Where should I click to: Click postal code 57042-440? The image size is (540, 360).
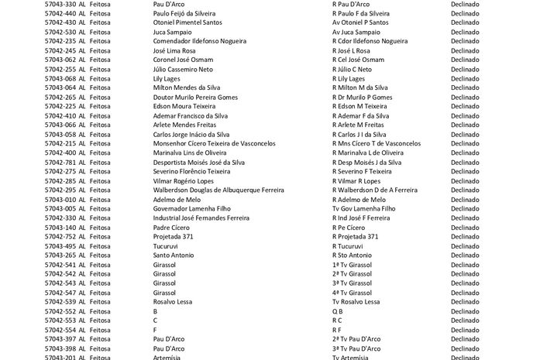click(60, 13)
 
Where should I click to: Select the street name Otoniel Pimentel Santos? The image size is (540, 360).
click(188, 22)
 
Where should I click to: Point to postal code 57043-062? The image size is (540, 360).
click(60, 60)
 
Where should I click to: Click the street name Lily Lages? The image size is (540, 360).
click(167, 78)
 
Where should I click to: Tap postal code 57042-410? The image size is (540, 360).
click(60, 115)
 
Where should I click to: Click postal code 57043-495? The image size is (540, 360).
click(60, 246)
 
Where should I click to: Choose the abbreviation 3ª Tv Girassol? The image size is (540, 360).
click(352, 283)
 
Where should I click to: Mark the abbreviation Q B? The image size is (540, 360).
click(337, 311)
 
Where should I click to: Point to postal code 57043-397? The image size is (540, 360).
click(60, 339)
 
